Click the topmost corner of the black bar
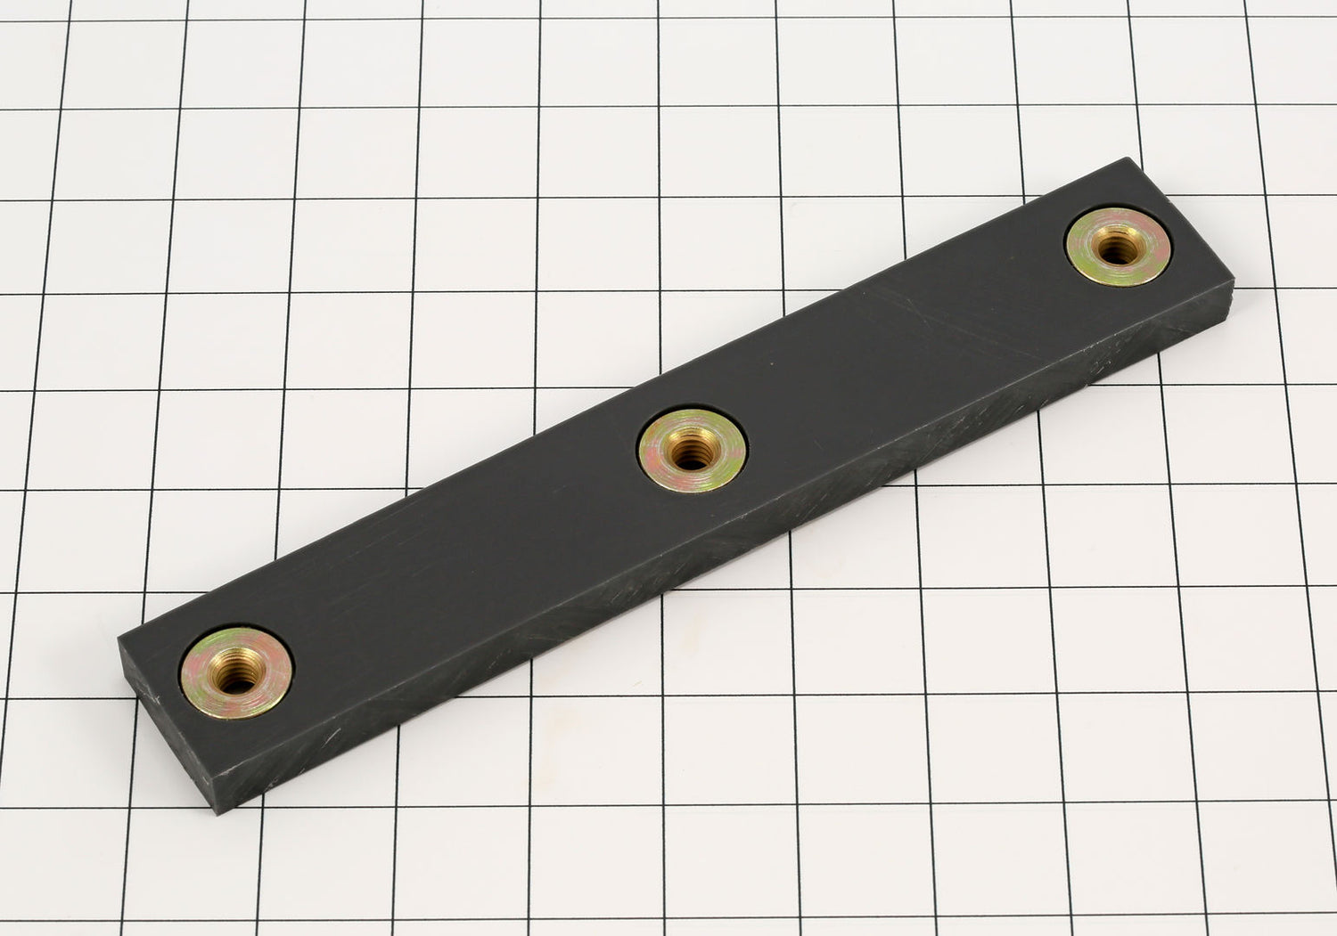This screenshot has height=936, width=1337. [x=1133, y=159]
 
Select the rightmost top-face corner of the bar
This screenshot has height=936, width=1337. [x=1234, y=281]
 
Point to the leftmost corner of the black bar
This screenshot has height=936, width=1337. [x=119, y=638]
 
